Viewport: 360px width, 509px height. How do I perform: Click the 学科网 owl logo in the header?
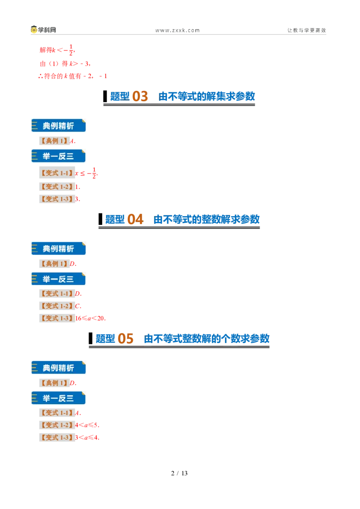34,30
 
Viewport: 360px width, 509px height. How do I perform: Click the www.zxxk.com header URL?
177,30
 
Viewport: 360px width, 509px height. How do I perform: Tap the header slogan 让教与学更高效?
306,30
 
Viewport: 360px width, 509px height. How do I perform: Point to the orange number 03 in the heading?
140,96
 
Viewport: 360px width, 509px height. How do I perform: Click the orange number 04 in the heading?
135,219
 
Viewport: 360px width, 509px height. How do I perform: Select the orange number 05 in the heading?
126,339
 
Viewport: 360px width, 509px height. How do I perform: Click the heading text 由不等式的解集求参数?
207,96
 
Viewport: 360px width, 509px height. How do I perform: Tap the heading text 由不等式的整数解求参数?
207,219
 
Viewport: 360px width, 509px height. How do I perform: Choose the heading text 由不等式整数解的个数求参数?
207,339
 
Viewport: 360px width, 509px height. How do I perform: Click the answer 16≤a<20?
90,318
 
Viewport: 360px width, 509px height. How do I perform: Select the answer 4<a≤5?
87,425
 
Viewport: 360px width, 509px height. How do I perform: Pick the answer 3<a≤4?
87,438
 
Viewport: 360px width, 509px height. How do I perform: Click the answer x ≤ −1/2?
86,173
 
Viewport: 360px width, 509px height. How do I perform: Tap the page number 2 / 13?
180,473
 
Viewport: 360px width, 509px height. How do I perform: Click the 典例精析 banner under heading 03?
58,125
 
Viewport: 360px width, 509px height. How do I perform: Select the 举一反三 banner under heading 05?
58,398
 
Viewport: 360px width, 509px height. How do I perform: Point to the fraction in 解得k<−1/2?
71,50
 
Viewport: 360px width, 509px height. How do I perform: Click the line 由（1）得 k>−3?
65,64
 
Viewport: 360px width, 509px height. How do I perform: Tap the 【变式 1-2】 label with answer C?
57,306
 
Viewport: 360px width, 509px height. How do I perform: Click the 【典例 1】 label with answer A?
54,141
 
